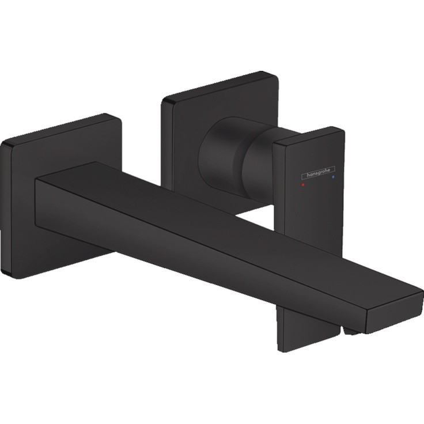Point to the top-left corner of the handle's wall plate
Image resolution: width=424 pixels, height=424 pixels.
pos(164,100)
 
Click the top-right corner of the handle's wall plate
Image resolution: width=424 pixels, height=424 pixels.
pos(274,74)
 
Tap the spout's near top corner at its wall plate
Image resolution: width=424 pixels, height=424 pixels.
pos(36,180)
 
